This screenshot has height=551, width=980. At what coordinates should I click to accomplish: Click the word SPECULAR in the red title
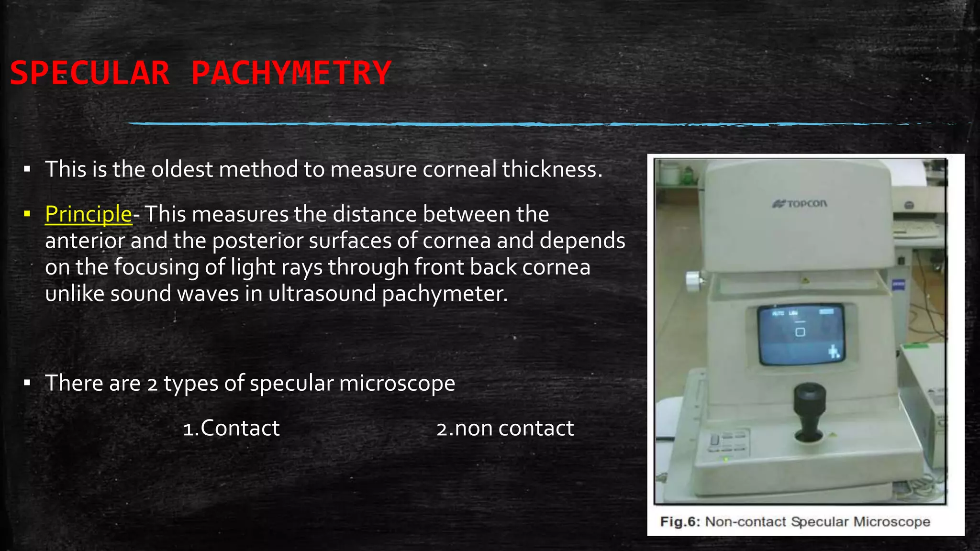coord(90,73)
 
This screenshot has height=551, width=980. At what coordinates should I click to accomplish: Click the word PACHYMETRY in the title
coord(291,73)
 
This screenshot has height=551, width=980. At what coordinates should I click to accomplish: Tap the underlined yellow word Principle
coord(89,214)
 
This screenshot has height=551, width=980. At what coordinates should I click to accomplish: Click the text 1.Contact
coord(231,428)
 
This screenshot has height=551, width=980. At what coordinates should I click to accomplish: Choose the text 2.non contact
coord(505,428)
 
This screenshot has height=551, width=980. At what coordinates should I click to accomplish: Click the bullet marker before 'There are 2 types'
coord(27,383)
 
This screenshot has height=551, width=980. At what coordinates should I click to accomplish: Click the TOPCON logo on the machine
coord(800,204)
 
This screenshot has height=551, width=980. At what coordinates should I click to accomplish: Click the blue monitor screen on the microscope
coord(801,335)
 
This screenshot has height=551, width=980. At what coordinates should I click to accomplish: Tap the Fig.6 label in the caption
coord(680,521)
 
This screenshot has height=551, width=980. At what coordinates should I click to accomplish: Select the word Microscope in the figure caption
coord(891,521)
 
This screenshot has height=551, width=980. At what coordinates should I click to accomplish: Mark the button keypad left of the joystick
coord(728,441)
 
